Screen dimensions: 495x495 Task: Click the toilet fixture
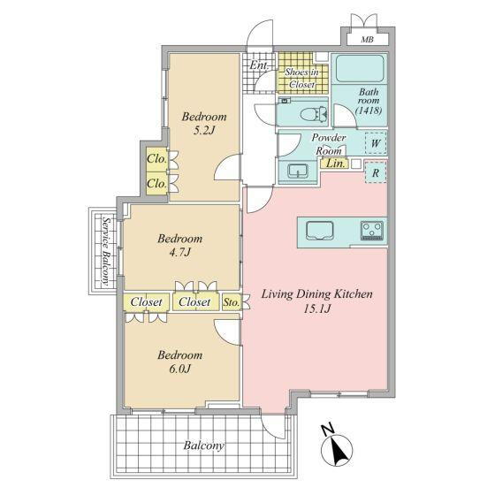point(314,113)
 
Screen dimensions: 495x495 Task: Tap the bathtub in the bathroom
point(360,69)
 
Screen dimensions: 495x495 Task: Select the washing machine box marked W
point(376,143)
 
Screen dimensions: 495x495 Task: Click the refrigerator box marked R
point(376,172)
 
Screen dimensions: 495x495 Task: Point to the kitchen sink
point(320,231)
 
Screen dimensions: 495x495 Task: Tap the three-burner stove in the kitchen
point(372,231)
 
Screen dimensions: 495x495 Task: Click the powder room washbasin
point(298,171)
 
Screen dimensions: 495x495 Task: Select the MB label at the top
point(367,40)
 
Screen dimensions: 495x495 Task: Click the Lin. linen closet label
point(335,164)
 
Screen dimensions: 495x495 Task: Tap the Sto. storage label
point(232,302)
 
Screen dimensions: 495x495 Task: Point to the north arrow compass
point(337,446)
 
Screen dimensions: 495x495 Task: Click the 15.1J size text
point(317,309)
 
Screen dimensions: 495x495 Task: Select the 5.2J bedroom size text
point(203,131)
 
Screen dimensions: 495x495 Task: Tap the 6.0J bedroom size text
point(180,369)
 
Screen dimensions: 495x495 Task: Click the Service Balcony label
point(107,251)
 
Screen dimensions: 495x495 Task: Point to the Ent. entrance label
point(259,65)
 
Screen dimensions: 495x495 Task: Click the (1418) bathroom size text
point(369,110)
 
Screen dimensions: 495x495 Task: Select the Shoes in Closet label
point(301,78)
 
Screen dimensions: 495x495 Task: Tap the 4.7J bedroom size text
point(180,252)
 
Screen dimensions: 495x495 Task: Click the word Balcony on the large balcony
point(204,445)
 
